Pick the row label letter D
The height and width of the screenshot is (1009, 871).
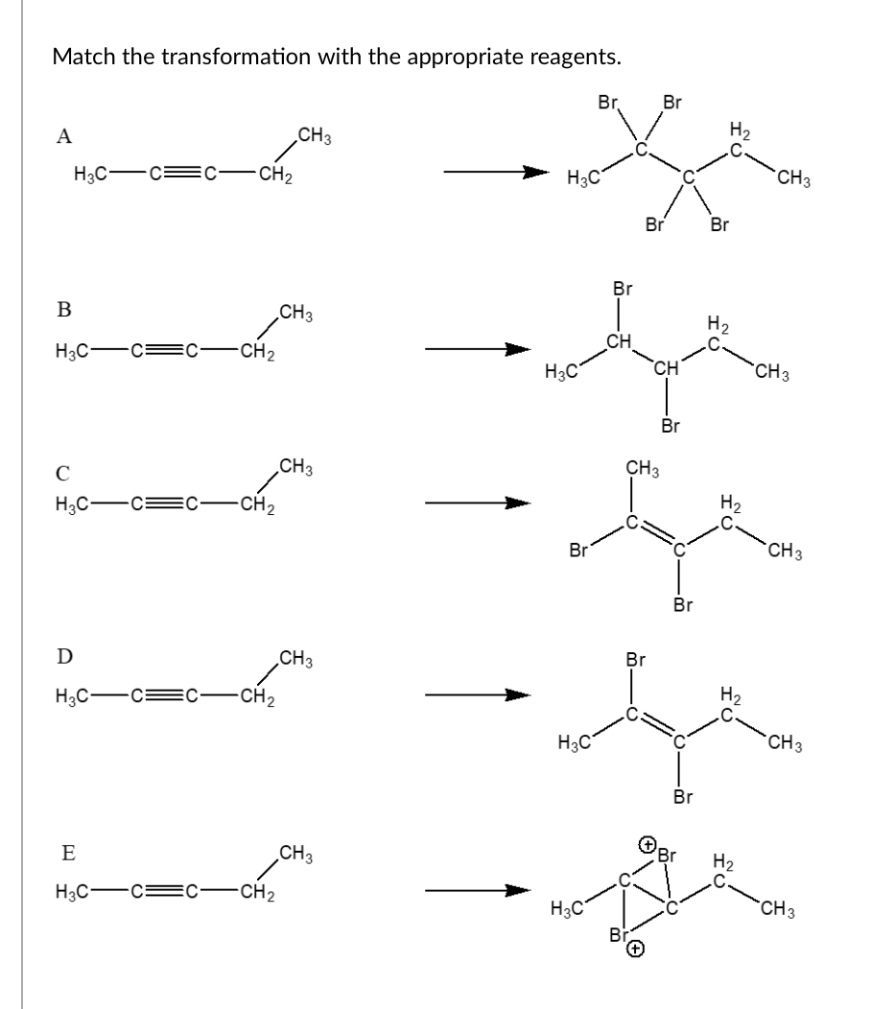(x=63, y=656)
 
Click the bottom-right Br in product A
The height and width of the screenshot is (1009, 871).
(x=720, y=226)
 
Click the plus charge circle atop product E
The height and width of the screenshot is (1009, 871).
(x=647, y=845)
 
